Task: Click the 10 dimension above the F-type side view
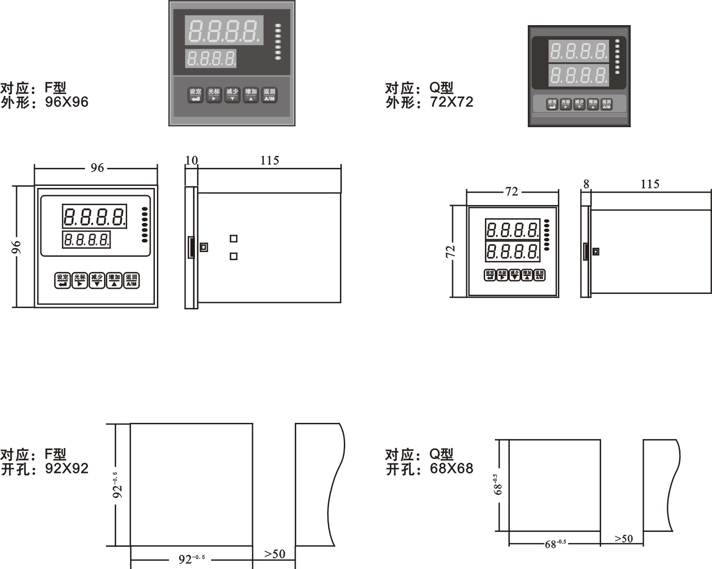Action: point(192,160)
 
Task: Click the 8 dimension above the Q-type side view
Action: point(586,184)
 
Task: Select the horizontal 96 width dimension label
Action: point(97,168)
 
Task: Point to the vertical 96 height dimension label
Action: point(16,246)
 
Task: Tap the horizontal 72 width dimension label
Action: point(511,192)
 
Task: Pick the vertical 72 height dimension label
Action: point(450,251)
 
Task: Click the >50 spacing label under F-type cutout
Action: point(274,554)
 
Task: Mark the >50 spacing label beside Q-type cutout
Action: point(623,539)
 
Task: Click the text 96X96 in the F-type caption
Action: point(67,102)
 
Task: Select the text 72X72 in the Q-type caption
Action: point(452,102)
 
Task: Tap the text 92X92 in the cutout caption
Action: point(67,469)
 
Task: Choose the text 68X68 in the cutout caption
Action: point(452,469)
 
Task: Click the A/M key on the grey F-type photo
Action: point(269,95)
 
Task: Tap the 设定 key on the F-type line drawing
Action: point(63,281)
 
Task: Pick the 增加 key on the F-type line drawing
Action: point(114,281)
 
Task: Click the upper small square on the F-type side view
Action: point(233,238)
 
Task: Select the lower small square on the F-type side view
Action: point(233,256)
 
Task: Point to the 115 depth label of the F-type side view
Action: point(270,161)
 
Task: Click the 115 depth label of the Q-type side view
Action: point(650,184)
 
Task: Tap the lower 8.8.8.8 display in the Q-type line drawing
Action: point(512,252)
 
